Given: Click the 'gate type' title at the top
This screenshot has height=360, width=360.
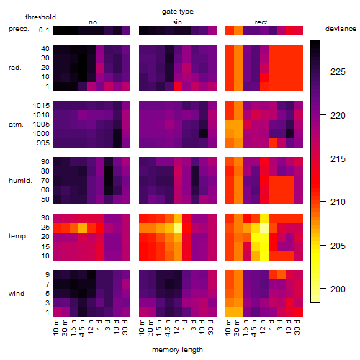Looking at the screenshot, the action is (178, 12).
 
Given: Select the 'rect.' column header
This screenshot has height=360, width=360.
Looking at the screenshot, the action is (262, 22).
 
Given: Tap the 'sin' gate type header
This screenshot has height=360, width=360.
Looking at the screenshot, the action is (177, 22).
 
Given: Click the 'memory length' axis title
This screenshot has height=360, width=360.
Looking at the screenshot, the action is (177, 350).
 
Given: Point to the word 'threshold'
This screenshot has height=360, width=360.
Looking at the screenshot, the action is (40, 17).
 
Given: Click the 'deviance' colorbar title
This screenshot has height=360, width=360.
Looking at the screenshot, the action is (341, 29).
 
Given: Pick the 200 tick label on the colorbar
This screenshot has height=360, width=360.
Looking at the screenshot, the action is (338, 289).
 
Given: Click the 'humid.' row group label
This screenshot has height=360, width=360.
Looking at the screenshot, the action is (20, 181).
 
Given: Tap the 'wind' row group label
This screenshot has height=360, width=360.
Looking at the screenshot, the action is (17, 294).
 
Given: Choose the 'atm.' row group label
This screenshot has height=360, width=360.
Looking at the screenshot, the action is (16, 125).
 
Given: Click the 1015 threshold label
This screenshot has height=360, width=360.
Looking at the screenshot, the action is (41, 106).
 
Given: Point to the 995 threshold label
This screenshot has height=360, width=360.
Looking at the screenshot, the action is (43, 143).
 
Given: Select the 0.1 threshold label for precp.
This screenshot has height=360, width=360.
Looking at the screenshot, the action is (44, 30).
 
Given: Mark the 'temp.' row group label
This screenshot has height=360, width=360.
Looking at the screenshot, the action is (18, 236).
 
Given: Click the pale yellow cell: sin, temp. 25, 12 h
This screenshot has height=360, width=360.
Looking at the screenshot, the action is (178, 228).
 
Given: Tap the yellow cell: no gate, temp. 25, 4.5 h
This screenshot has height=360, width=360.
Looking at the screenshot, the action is (83, 228).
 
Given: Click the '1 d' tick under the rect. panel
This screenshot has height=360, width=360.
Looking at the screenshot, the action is (271, 325).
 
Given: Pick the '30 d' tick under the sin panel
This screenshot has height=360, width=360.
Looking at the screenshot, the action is (210, 328).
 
